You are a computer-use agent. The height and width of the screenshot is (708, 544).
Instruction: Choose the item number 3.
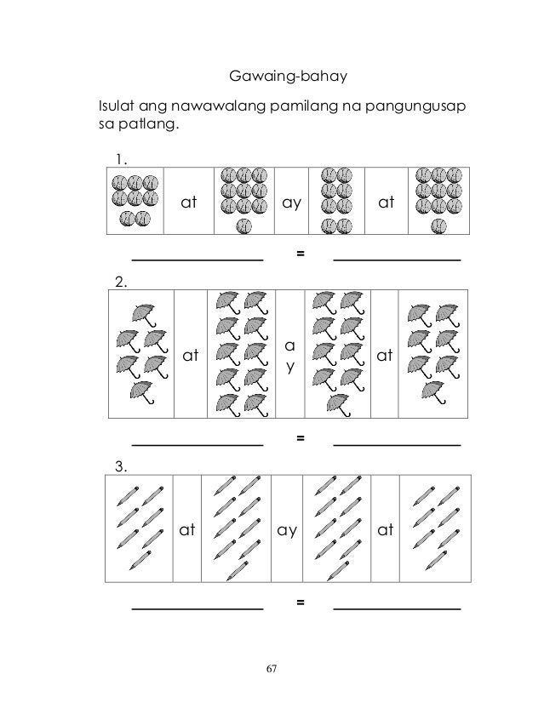click(122, 465)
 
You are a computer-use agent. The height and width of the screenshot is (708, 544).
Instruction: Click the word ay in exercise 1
click(293, 204)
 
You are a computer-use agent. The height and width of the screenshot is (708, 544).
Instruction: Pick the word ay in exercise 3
click(287, 530)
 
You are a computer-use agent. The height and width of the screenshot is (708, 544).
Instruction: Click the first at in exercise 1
click(188, 204)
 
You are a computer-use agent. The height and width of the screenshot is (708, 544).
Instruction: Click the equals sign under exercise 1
click(299, 254)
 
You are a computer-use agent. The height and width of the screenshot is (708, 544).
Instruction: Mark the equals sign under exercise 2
click(299, 437)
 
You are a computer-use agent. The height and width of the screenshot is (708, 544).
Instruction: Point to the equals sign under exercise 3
click(299, 602)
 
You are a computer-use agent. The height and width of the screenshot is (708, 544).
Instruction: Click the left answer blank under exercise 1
click(198, 257)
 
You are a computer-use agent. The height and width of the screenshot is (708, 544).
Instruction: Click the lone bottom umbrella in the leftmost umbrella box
click(141, 391)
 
